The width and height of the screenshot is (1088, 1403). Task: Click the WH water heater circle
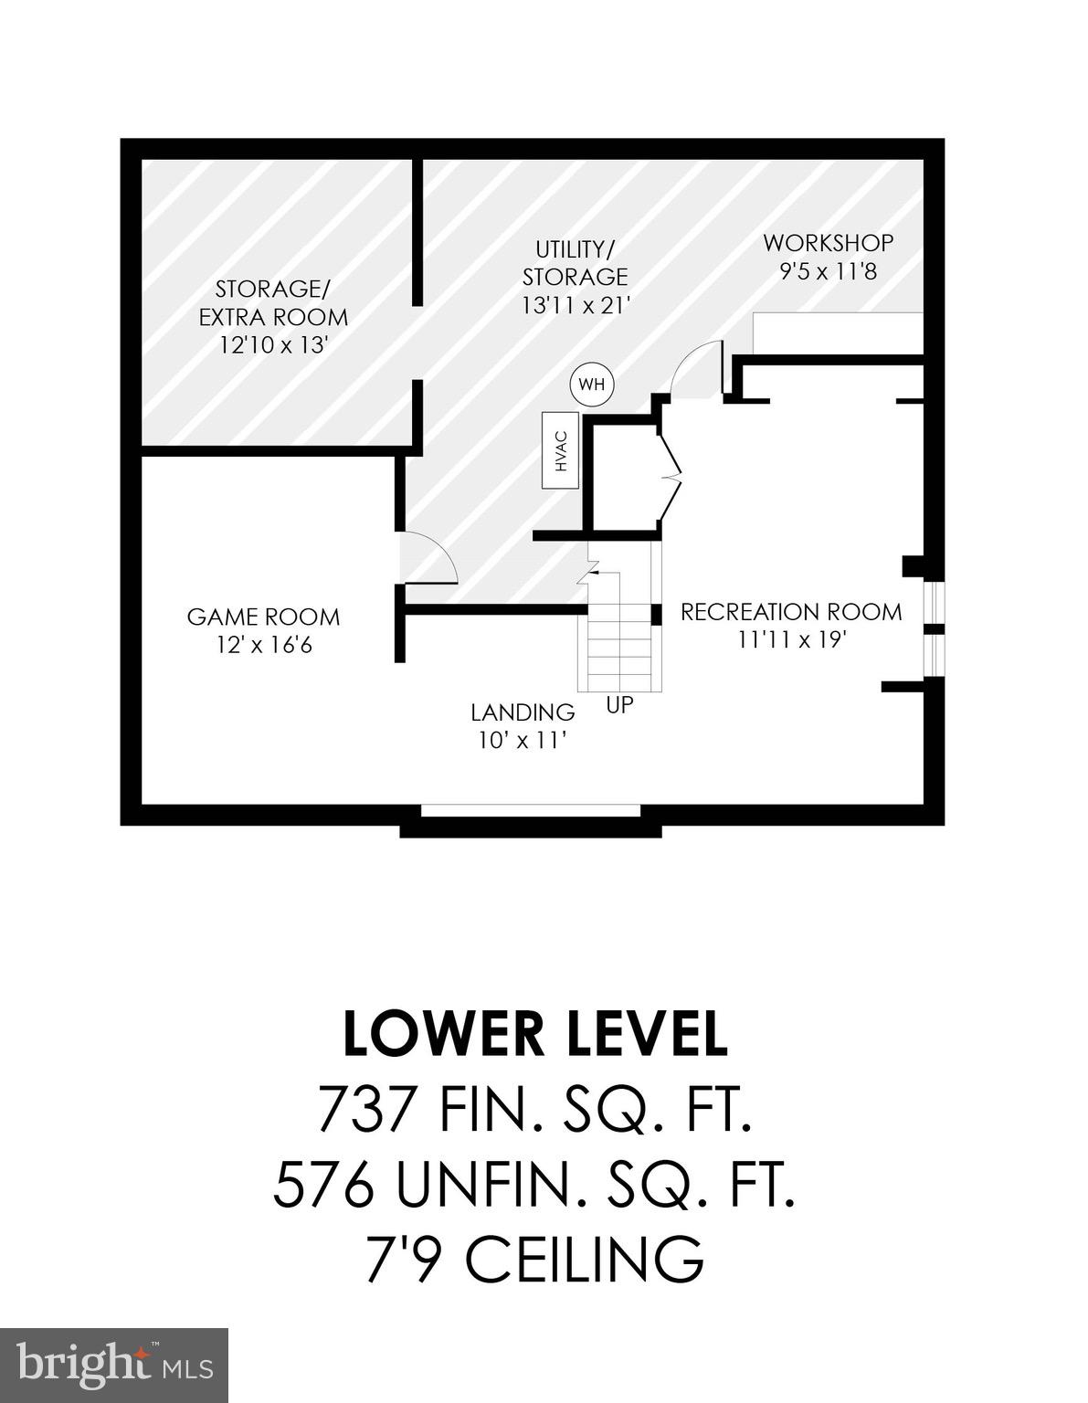click(592, 385)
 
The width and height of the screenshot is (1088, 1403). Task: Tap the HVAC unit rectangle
click(562, 449)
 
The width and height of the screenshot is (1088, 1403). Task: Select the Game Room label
click(263, 617)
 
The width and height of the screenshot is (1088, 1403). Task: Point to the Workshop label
click(828, 243)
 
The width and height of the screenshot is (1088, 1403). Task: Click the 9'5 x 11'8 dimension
click(828, 271)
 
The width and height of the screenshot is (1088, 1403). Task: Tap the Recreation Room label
click(791, 611)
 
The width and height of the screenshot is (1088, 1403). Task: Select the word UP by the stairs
click(619, 705)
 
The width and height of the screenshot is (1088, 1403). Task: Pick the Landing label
click(523, 712)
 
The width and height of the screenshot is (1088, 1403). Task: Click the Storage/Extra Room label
click(273, 303)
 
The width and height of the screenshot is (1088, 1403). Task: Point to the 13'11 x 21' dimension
click(576, 305)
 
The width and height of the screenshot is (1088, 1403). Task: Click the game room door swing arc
click(429, 556)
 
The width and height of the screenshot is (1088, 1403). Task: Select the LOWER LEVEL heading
click(535, 1033)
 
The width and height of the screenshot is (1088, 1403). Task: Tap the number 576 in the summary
click(324, 1185)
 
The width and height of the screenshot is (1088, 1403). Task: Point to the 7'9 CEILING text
click(535, 1259)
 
